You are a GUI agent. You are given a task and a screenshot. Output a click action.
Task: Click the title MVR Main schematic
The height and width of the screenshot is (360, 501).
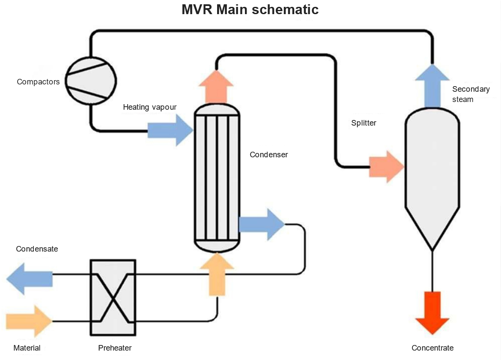pyautogui.click(x=250, y=9)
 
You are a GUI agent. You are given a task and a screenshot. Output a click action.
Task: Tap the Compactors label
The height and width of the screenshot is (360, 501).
pyautogui.click(x=38, y=81)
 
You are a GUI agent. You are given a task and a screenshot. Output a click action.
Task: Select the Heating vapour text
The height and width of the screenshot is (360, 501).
pyautogui.click(x=149, y=107)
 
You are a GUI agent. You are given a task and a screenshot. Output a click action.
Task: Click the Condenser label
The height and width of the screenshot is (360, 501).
pyautogui.click(x=268, y=155)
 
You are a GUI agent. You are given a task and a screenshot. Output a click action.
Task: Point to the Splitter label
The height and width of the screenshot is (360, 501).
pyautogui.click(x=364, y=123)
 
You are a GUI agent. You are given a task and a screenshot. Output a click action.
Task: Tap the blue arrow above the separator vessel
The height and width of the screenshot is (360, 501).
pyautogui.click(x=432, y=86)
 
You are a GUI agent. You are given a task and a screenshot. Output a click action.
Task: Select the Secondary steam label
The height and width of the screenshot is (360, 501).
pyautogui.click(x=470, y=94)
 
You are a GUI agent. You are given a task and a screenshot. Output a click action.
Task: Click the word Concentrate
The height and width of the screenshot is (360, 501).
pyautogui.click(x=432, y=348)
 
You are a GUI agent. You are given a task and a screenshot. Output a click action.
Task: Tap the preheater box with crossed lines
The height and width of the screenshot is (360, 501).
pyautogui.click(x=113, y=297)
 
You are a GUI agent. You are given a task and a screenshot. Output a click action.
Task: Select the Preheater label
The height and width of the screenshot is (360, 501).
pyautogui.click(x=114, y=348)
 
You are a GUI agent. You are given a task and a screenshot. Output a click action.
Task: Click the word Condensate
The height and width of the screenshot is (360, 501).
pyautogui.click(x=37, y=249)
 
